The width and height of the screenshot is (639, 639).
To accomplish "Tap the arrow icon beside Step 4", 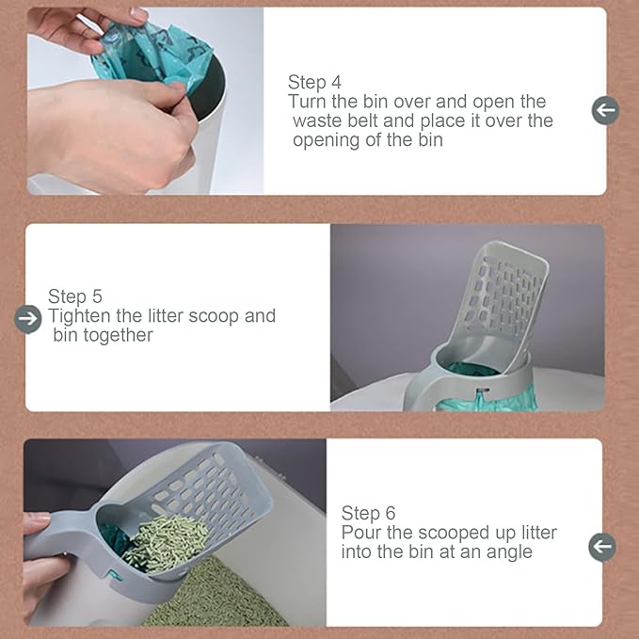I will [x=605, y=110].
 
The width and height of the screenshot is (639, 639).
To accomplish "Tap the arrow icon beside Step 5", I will [x=29, y=319].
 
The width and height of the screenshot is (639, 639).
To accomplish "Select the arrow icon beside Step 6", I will [x=601, y=546].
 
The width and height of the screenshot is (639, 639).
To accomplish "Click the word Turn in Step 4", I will [x=308, y=102].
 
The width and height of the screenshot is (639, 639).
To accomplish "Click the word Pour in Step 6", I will [x=361, y=533].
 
